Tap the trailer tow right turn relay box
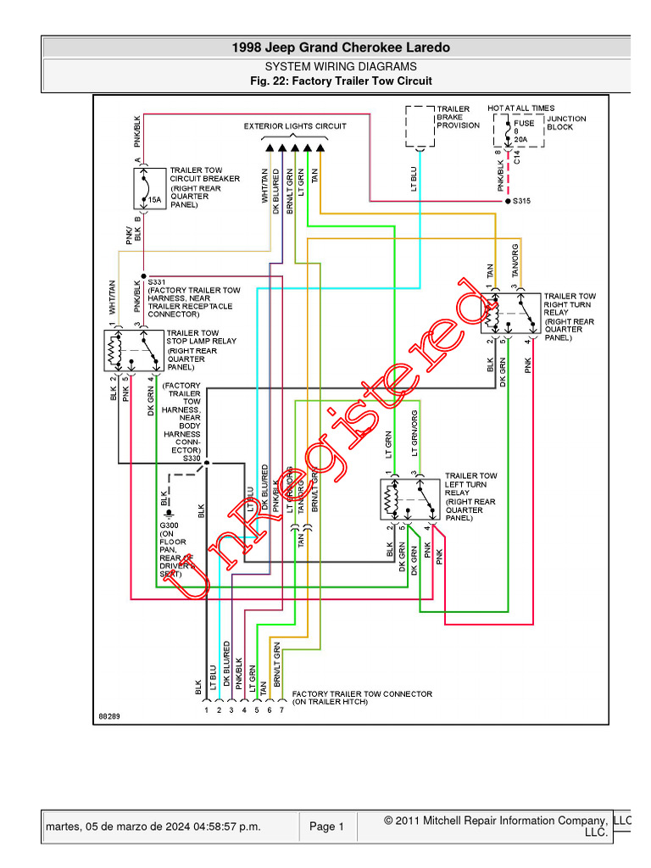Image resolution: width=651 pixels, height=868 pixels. (x=508, y=314)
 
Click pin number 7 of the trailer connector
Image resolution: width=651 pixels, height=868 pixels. (x=281, y=709)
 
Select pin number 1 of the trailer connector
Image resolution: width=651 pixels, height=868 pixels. (x=205, y=709)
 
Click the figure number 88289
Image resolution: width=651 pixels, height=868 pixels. (x=108, y=716)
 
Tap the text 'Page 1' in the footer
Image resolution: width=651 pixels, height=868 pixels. (x=326, y=827)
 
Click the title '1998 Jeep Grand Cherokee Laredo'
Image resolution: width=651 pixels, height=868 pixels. (x=341, y=48)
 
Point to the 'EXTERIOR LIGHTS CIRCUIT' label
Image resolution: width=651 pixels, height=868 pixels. (x=295, y=126)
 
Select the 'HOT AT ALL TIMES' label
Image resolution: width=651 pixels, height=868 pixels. (x=520, y=108)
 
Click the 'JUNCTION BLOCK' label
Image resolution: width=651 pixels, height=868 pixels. (x=565, y=123)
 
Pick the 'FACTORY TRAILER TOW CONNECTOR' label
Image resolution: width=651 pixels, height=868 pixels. (x=362, y=698)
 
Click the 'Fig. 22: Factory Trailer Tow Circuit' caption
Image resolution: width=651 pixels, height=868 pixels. (x=341, y=81)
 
